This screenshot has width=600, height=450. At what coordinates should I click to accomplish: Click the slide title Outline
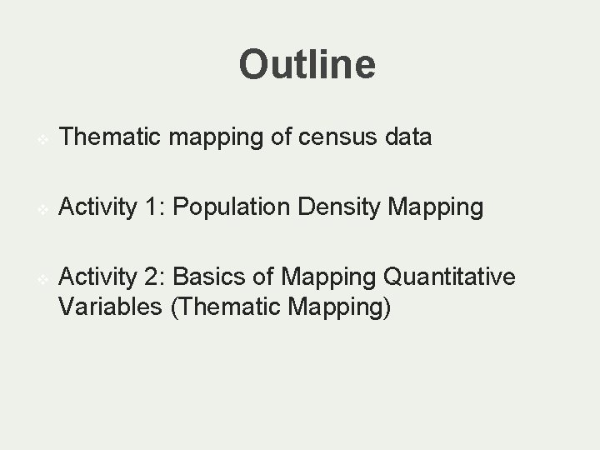[307, 64]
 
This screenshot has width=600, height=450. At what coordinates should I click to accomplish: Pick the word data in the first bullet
[408, 137]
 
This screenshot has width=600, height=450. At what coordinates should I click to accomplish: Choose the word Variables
[110, 307]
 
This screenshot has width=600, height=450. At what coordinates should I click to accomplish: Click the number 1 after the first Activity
[152, 207]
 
